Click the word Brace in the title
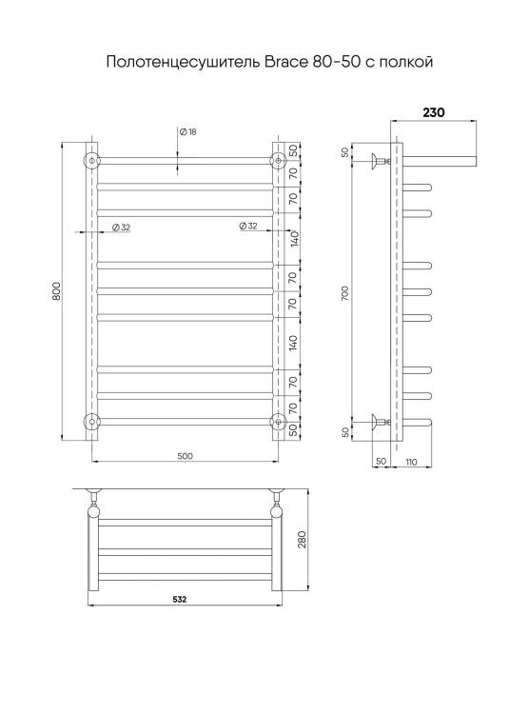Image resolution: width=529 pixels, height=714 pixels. (x=286, y=62)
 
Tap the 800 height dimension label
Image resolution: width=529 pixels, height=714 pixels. (x=56, y=291)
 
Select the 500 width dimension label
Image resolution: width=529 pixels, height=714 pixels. (x=185, y=456)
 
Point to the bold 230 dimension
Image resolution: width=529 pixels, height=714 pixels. (x=434, y=112)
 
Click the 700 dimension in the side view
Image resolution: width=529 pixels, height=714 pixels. (x=345, y=293)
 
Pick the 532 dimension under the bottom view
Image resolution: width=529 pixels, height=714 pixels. (x=180, y=599)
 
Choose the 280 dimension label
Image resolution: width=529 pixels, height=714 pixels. (x=302, y=540)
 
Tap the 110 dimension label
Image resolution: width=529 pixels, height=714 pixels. (x=411, y=462)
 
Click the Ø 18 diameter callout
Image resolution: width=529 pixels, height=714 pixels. (x=188, y=132)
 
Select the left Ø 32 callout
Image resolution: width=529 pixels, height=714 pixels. (x=121, y=228)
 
